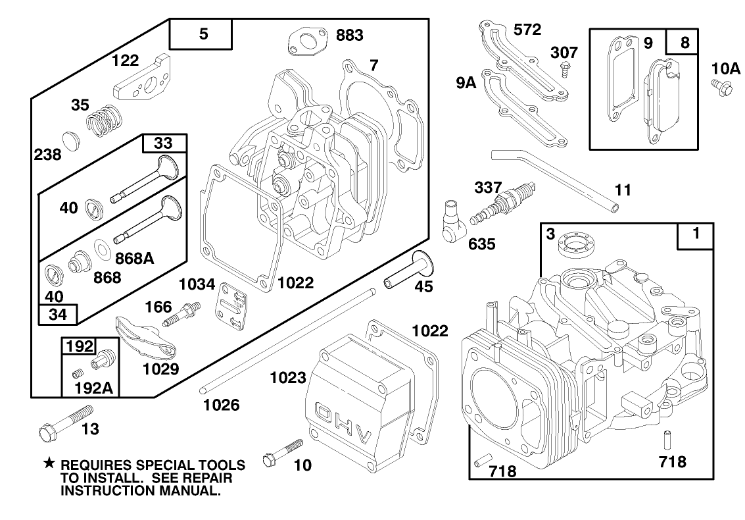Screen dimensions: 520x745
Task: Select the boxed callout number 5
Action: (x=203, y=34)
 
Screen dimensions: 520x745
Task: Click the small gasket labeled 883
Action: (x=304, y=42)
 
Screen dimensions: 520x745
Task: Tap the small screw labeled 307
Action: (x=564, y=67)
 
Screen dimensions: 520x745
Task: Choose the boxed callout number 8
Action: (x=685, y=42)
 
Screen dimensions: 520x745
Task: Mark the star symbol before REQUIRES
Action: (x=48, y=464)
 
